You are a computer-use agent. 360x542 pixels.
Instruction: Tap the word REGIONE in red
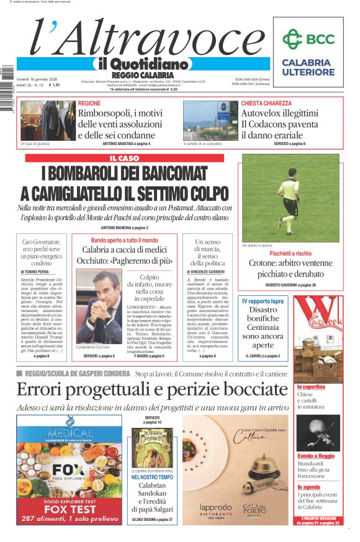(x=89, y=103)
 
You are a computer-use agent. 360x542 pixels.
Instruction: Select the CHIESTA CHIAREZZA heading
(x=266, y=103)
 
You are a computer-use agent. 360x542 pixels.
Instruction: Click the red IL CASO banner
(x=125, y=158)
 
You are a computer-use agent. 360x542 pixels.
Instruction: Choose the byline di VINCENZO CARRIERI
(x=208, y=272)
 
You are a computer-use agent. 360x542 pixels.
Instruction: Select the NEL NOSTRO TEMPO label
(x=152, y=477)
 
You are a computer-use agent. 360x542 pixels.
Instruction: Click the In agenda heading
(x=308, y=487)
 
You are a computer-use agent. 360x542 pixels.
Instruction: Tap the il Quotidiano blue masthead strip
(x=142, y=64)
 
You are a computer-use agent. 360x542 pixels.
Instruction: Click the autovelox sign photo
(x=210, y=120)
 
